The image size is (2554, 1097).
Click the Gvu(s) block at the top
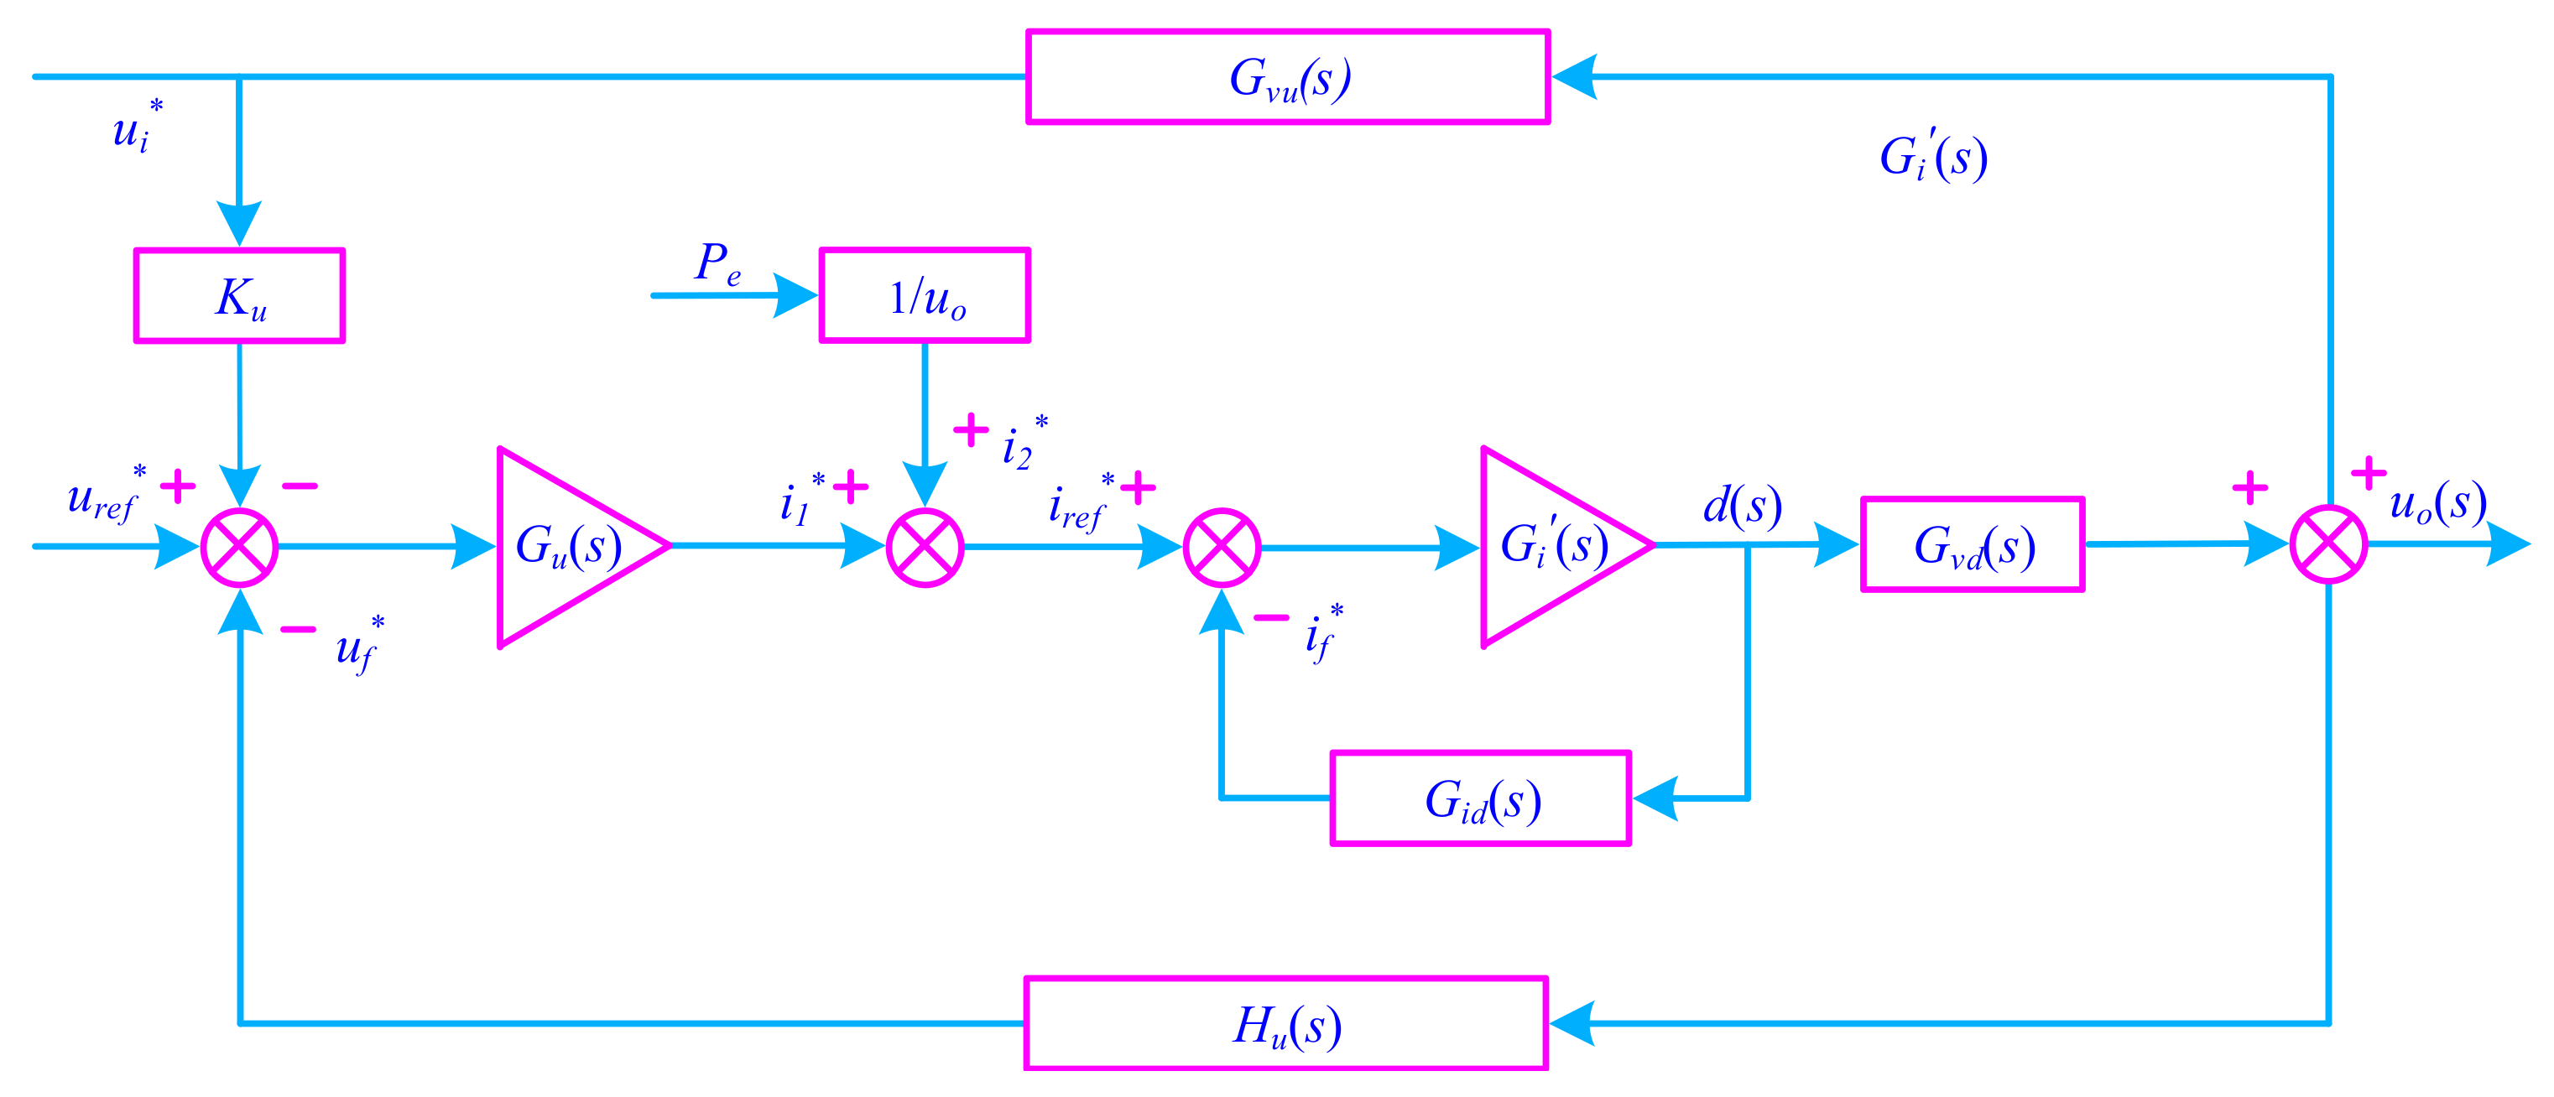click(1287, 77)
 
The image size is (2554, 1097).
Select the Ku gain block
click(239, 295)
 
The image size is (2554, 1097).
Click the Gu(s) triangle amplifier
click(566, 546)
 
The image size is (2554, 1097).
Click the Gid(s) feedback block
click(1480, 798)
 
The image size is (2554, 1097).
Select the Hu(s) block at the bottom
click(1286, 1024)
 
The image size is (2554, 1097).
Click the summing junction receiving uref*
click(239, 547)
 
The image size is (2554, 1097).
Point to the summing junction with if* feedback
click(1222, 547)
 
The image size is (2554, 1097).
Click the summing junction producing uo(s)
click(2328, 545)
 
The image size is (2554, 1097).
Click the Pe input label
click(716, 263)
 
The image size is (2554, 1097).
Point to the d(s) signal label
click(1741, 506)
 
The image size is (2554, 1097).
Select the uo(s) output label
click(2437, 503)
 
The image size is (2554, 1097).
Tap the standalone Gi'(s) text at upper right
click(1932, 157)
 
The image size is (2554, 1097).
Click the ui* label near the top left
click(136, 127)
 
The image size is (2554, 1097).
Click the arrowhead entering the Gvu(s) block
click(1575, 76)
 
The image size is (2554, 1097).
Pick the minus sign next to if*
click(1271, 618)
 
